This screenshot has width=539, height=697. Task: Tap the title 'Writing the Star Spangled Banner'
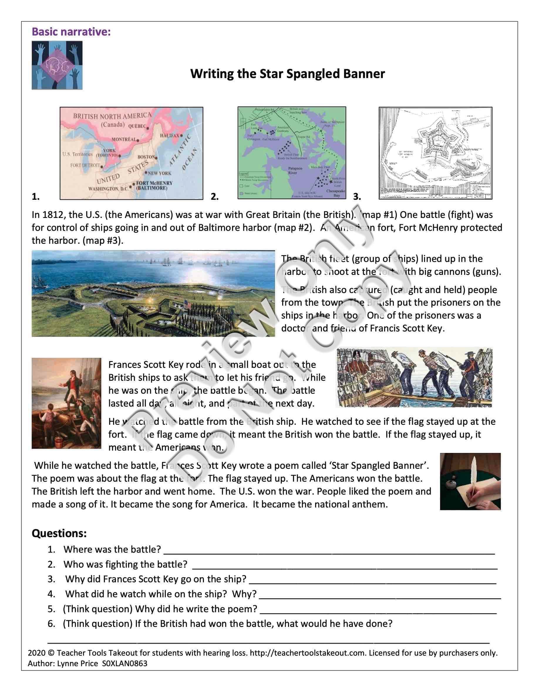coord(287,74)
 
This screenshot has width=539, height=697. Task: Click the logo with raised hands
coord(57,65)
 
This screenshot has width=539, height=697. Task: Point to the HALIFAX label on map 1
coord(170,136)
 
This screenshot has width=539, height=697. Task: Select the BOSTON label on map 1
coord(146,157)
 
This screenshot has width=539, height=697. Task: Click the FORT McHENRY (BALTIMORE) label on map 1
coord(154,185)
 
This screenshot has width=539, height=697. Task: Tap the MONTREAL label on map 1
coord(124,139)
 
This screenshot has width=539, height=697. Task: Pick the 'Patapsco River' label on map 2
coord(292,170)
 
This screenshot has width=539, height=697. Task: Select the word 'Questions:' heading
coord(59,533)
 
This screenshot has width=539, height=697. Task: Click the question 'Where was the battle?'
coord(112,549)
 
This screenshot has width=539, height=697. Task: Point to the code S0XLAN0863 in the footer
coord(124,664)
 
